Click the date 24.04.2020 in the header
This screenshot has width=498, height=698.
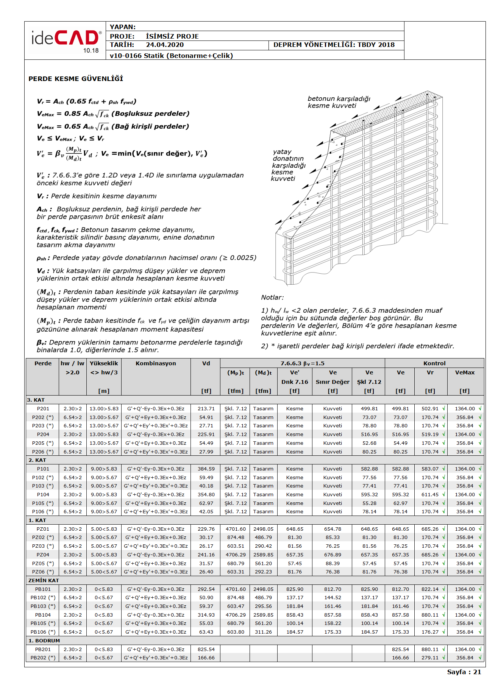(x=165, y=45)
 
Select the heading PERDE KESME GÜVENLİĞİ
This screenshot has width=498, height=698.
(x=76, y=79)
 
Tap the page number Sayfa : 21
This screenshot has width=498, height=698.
(x=464, y=672)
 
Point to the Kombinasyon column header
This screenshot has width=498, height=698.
(x=156, y=363)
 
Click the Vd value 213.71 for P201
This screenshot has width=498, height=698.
(x=206, y=409)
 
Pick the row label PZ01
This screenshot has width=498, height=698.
(x=43, y=529)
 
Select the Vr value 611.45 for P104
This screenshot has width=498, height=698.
(x=430, y=495)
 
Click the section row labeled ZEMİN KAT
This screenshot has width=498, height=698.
(x=44, y=580)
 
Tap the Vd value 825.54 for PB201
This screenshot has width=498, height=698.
(x=206, y=649)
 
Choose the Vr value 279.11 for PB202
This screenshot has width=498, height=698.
(x=430, y=658)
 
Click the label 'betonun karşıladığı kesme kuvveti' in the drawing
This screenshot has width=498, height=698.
(x=339, y=102)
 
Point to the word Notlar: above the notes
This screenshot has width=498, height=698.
(x=272, y=298)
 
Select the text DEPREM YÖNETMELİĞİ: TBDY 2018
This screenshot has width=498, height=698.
(x=334, y=45)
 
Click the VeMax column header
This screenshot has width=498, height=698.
(x=465, y=372)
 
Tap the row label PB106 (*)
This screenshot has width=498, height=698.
(x=43, y=632)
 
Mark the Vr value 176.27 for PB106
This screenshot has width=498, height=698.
(x=430, y=632)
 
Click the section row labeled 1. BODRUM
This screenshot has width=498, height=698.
(x=44, y=640)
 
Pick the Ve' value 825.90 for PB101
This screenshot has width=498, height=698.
(x=295, y=589)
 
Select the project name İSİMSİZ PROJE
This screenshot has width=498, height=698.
(x=172, y=36)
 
